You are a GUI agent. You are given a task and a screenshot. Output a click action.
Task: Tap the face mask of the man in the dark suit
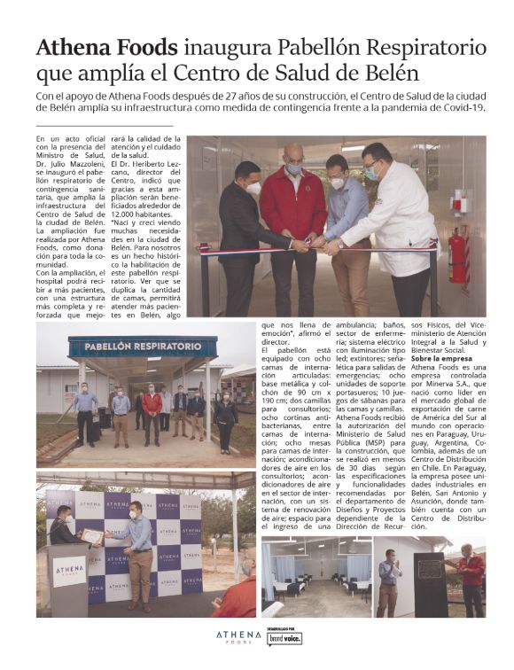tap(253, 188)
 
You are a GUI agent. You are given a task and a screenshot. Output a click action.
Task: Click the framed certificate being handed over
tap(91, 536)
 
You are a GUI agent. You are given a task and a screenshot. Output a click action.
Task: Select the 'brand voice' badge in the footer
tap(285, 639)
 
